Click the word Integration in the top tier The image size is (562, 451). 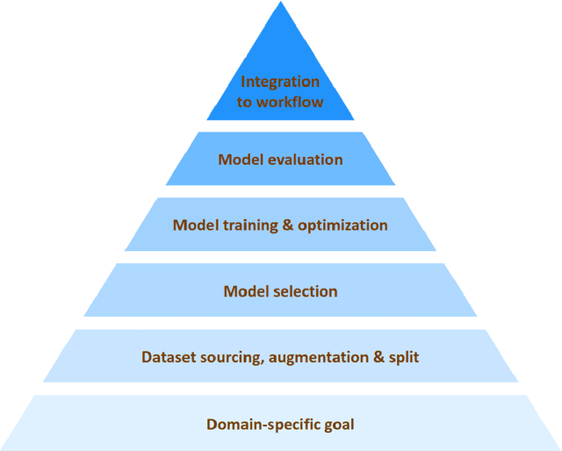[x=280, y=82]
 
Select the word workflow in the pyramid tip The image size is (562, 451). [x=292, y=102]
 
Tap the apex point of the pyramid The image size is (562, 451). [x=281, y=3]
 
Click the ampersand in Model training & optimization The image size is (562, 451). [x=287, y=225]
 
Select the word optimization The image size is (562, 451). [x=342, y=225]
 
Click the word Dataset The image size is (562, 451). [x=167, y=357]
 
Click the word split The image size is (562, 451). [x=403, y=357]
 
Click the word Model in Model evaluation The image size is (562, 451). [x=239, y=160]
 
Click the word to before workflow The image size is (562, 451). [x=247, y=102]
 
